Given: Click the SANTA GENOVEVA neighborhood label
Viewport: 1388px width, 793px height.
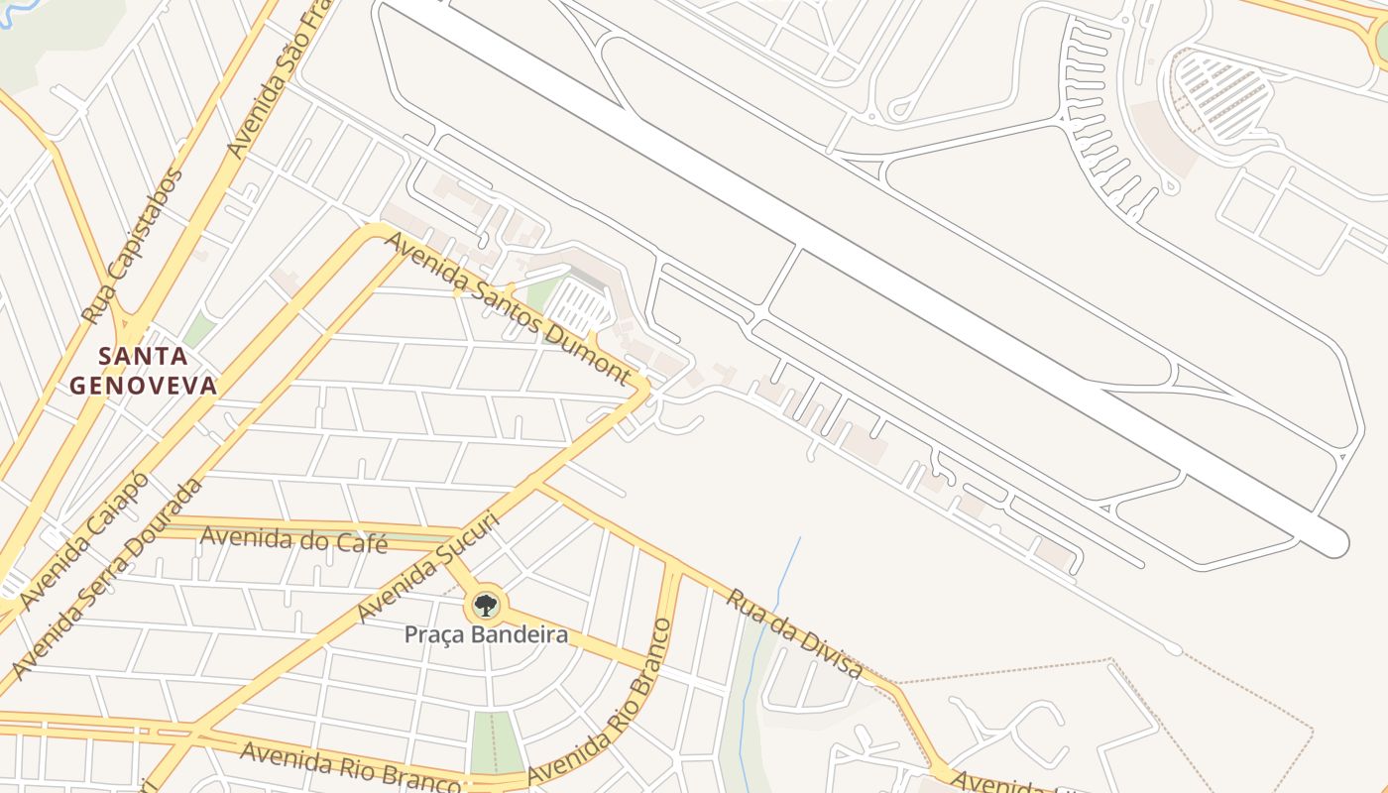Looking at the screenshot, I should pyautogui.click(x=143, y=371).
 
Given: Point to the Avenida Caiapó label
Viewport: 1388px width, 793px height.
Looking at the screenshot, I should pyautogui.click(x=84, y=541).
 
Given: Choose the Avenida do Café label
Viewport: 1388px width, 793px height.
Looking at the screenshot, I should pyautogui.click(x=293, y=539).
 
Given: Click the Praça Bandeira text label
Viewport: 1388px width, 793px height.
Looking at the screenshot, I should pyautogui.click(x=486, y=634).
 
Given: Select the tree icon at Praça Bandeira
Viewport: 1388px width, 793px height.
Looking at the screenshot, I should pyautogui.click(x=485, y=605).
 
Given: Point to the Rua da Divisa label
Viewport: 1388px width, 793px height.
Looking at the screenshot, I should pyautogui.click(x=795, y=632).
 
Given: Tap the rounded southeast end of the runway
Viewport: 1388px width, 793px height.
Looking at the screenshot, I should pyautogui.click(x=1333, y=542).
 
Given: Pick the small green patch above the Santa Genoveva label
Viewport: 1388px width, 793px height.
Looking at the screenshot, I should pyautogui.click(x=198, y=329).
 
